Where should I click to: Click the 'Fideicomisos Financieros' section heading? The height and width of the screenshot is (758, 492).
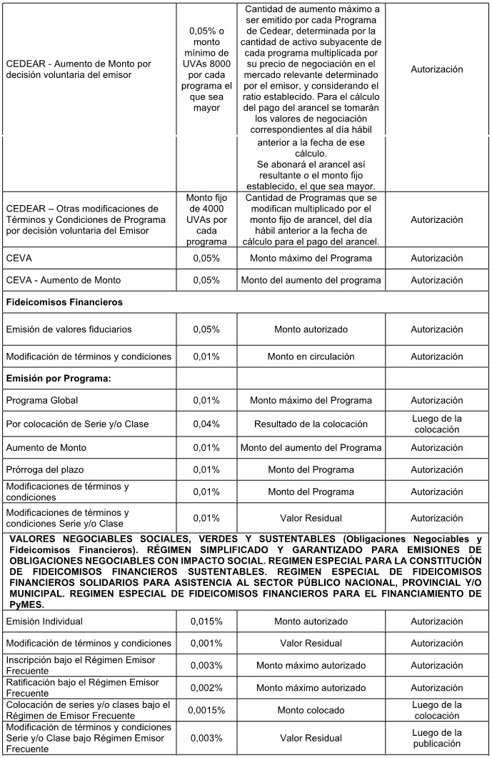point(64,302)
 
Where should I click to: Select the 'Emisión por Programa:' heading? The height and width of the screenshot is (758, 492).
point(59,378)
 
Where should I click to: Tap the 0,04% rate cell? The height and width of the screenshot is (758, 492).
point(206,424)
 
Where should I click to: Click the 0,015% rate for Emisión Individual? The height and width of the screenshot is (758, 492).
point(206,622)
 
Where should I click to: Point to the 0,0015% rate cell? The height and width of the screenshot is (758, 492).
point(206,710)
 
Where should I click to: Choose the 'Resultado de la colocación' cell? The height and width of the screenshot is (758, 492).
point(311,424)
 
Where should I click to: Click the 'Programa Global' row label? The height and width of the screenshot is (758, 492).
point(42,400)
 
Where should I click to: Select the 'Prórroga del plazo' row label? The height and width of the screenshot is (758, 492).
point(46,469)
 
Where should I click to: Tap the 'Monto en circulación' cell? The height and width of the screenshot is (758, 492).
point(311,356)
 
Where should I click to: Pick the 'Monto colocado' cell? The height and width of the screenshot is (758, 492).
point(311,710)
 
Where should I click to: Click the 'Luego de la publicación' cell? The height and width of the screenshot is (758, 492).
point(437,738)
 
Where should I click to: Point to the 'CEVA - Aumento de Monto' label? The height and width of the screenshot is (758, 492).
point(63,280)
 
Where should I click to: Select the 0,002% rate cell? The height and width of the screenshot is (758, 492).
point(206,688)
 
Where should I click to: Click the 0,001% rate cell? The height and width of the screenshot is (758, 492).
point(206,643)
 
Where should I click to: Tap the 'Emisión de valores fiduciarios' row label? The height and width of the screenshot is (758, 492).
point(69,329)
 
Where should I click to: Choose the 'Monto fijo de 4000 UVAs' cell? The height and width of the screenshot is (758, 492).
point(206,219)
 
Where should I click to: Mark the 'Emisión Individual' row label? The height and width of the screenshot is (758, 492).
point(44,622)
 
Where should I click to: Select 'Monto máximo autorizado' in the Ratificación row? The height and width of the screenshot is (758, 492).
point(311,688)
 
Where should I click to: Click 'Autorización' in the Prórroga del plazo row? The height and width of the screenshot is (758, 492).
point(437,469)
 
